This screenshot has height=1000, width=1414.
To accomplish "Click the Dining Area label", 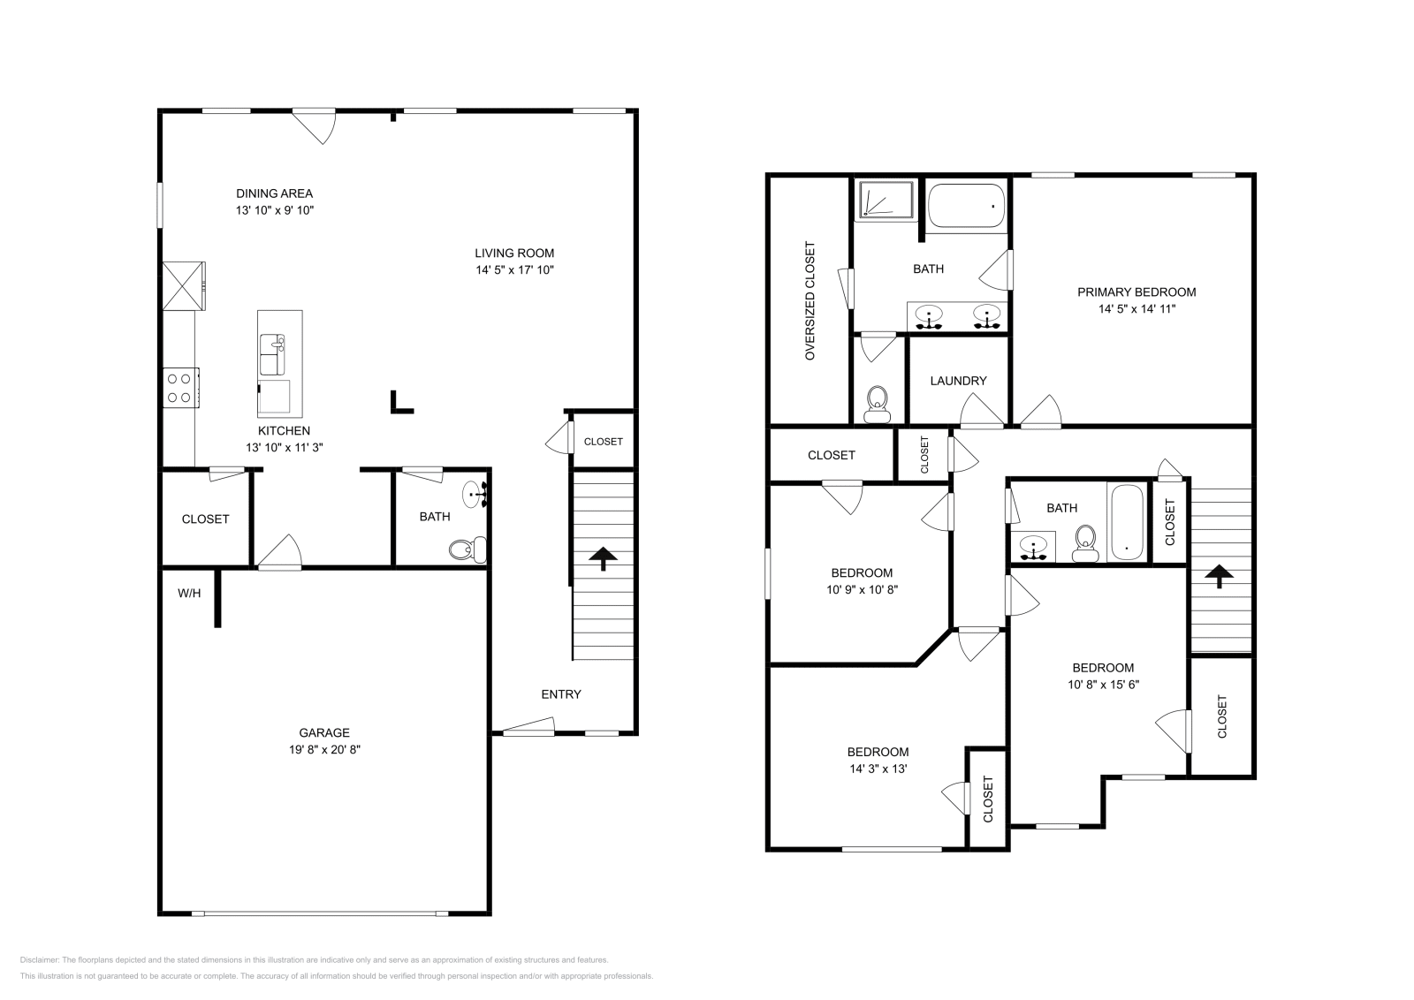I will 274,193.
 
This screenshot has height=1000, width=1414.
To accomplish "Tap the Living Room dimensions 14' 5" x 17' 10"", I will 514,270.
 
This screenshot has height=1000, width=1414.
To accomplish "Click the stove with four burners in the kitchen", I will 180,388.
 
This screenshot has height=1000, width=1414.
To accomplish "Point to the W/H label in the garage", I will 189,594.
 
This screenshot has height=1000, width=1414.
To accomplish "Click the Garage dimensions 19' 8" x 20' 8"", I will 324,749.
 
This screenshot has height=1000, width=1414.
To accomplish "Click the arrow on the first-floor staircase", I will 604,558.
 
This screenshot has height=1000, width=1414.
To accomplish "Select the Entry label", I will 561,694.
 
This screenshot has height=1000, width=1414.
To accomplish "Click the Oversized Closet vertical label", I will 809,301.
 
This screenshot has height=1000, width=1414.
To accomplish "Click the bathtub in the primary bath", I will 966,205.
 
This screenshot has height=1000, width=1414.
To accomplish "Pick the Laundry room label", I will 958,381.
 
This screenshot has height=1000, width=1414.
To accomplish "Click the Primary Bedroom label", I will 1137,292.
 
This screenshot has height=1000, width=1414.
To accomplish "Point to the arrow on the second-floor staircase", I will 1220,577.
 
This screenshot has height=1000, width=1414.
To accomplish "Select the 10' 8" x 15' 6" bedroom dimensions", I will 1103,685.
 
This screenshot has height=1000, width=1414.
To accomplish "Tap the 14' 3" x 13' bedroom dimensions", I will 878,769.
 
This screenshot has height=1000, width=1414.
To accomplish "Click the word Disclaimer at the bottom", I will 38,959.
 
